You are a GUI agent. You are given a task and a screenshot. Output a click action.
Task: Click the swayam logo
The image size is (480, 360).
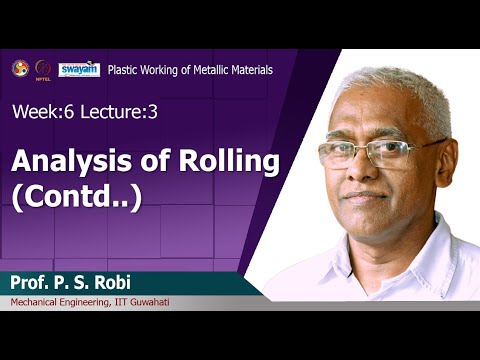coord(78,69)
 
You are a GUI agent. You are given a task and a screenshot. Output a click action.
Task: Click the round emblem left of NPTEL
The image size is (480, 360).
coord(19,68)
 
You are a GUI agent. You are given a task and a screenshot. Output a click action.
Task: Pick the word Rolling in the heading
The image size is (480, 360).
coord(194,161)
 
